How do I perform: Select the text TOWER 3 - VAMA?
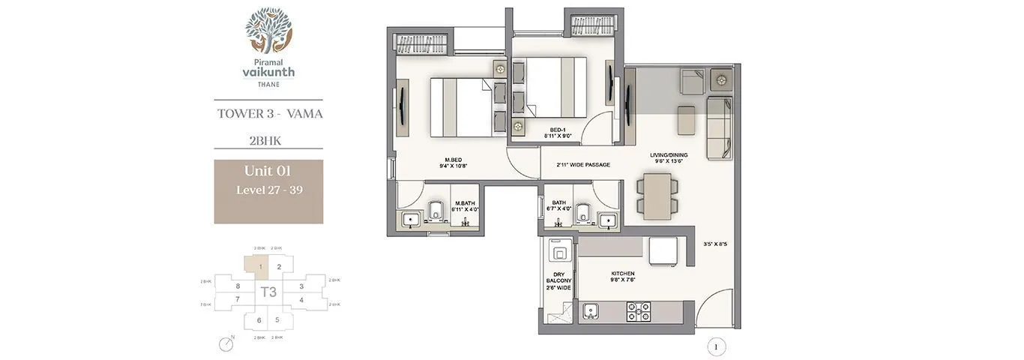(x=269, y=114)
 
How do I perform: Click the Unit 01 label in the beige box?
(x=268, y=172)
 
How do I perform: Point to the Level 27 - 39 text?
(x=269, y=190)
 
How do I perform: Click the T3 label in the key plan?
(x=268, y=292)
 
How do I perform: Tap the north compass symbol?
(x=227, y=344)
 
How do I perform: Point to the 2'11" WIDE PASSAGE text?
(x=582, y=165)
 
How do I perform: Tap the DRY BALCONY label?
(x=558, y=280)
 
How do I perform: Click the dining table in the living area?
(x=657, y=196)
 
